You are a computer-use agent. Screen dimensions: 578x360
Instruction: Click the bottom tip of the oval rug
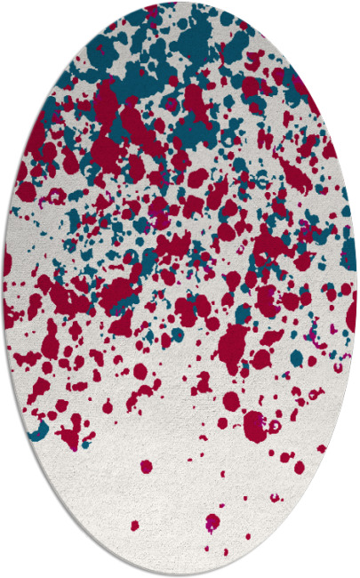[x=180, y=575]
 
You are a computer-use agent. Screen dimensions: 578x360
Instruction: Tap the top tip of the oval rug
[x=180, y=3]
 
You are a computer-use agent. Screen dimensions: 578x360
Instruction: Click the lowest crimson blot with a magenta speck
[x=212, y=521]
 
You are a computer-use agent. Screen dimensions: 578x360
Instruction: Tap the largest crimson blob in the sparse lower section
[x=255, y=425]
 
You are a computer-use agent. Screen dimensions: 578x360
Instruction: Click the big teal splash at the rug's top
[x=191, y=36]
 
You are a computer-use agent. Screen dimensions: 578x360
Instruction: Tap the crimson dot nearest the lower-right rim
[x=322, y=448]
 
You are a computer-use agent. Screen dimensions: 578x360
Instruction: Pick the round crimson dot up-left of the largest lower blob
[x=230, y=400]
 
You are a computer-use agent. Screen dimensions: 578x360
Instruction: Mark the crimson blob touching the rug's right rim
[x=351, y=311]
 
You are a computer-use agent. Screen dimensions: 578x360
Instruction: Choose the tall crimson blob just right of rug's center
[x=234, y=342]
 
